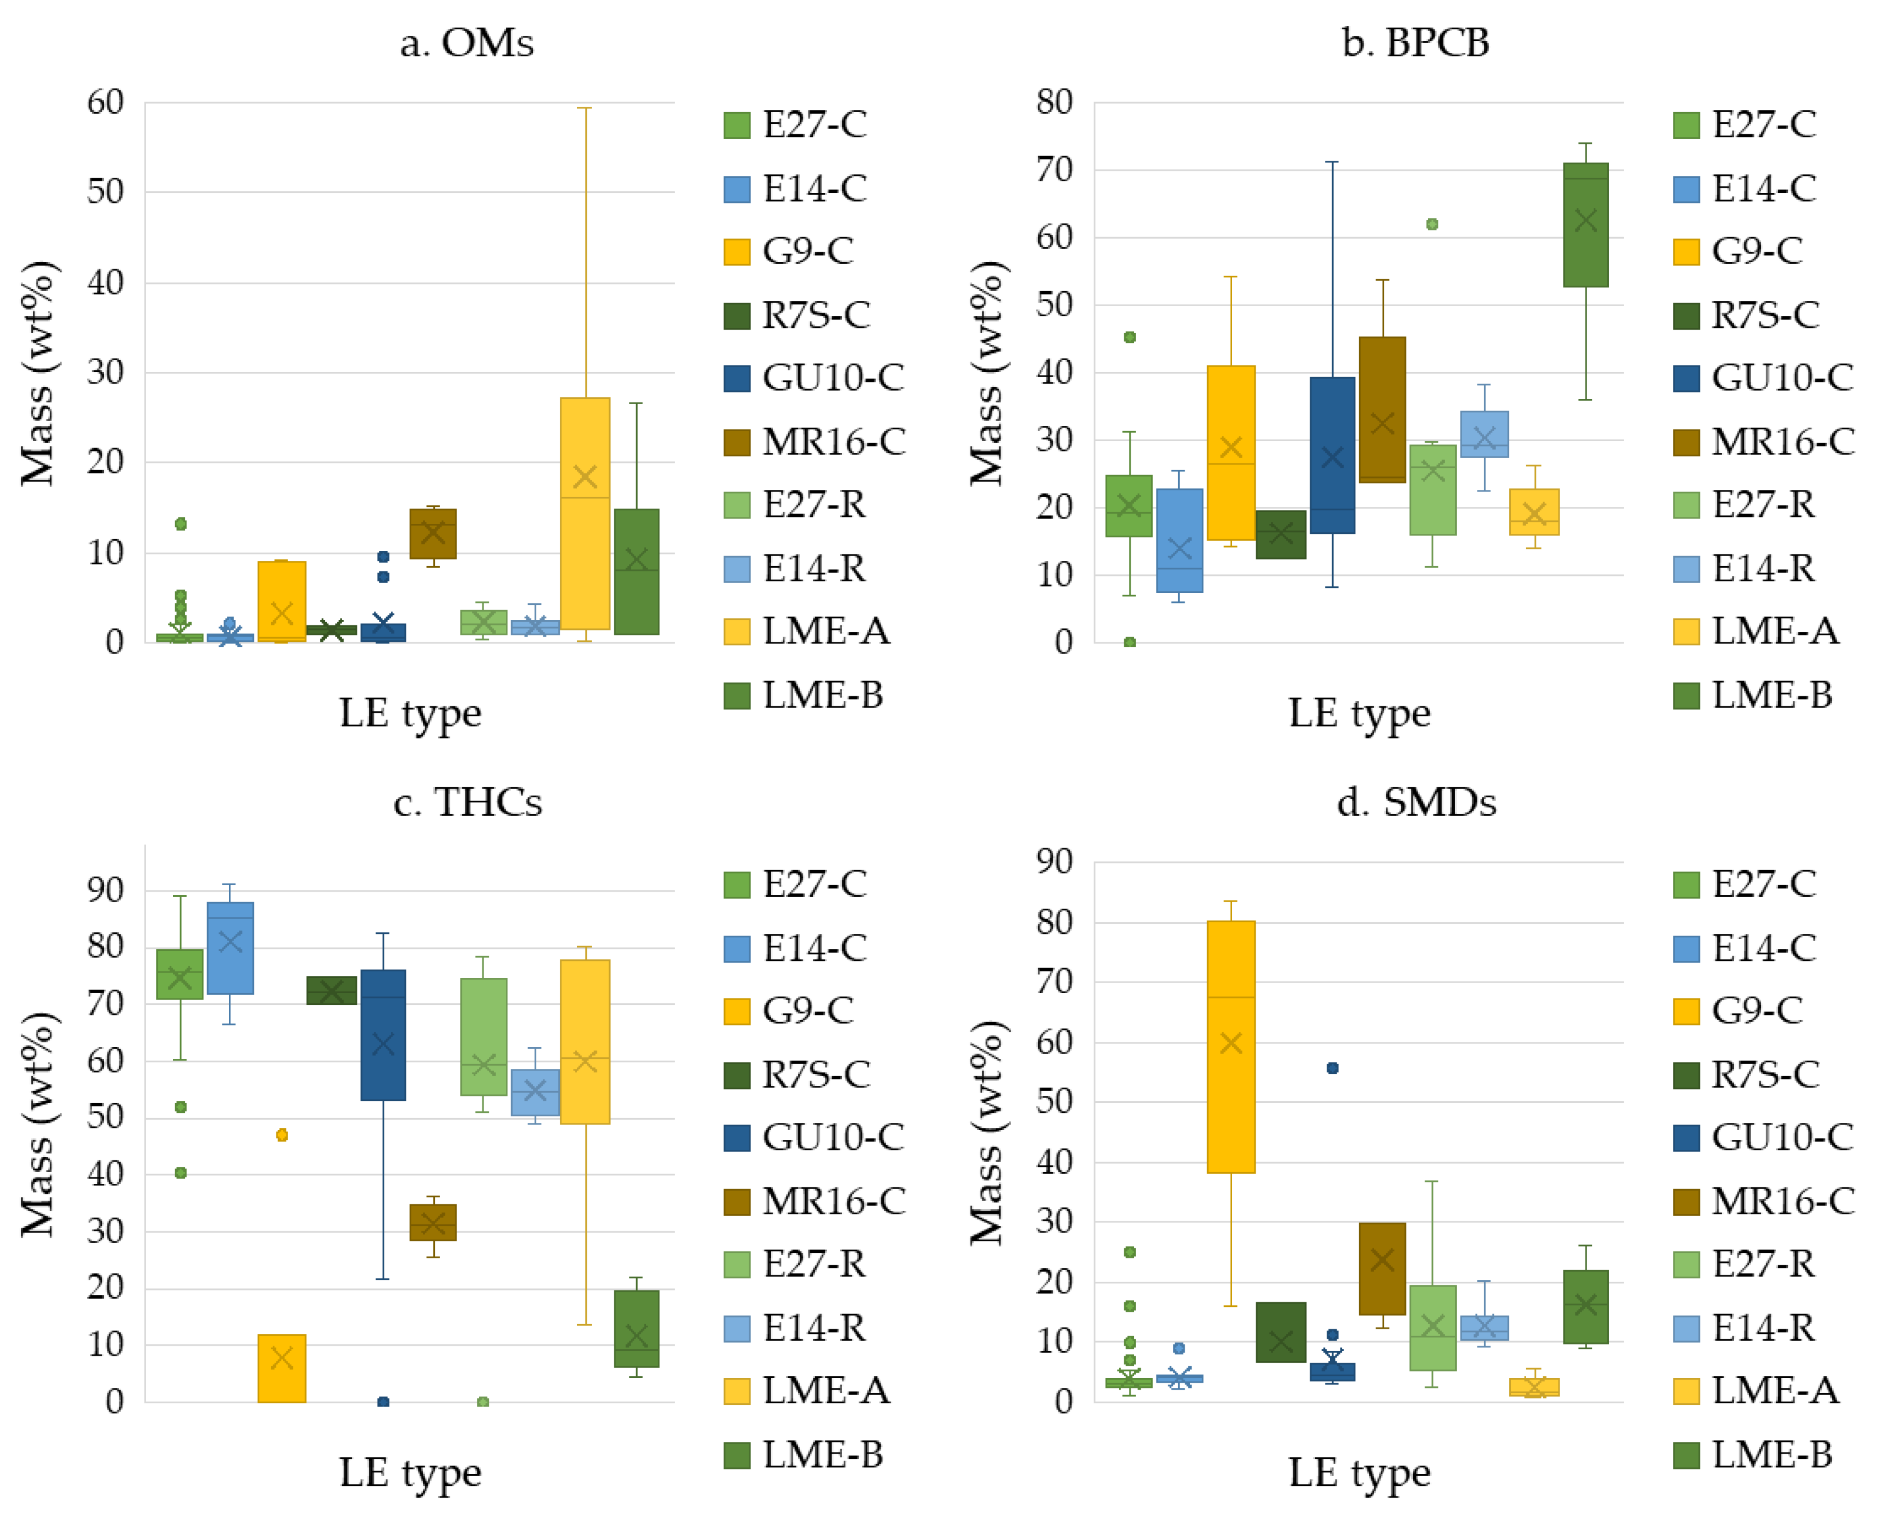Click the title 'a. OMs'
[466, 43]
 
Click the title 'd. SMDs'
[1416, 802]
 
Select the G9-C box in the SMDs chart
[1230, 1047]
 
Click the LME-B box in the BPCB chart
[1585, 225]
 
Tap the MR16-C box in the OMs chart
[432, 534]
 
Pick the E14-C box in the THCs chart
[230, 948]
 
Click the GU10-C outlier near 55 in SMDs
[1332, 1068]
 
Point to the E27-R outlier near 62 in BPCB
[1432, 225]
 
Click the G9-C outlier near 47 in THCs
[282, 1135]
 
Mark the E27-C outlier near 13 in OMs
[180, 524]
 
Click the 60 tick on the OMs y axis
[105, 103]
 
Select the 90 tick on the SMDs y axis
[1054, 862]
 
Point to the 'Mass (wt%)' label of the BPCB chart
[988, 373]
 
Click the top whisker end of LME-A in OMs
[585, 109]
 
